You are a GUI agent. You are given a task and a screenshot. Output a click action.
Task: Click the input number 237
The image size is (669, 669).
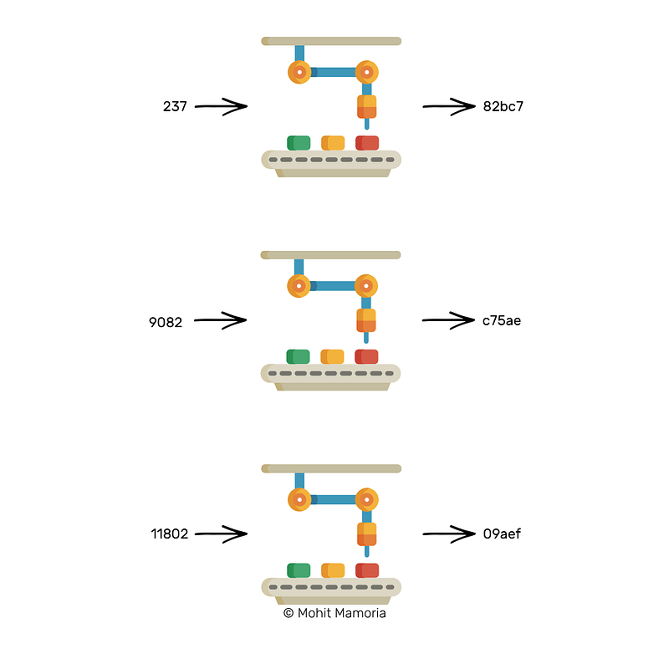point(175,106)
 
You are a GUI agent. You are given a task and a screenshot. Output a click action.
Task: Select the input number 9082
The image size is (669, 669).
point(166,322)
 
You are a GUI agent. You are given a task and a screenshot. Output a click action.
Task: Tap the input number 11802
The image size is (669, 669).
point(170,534)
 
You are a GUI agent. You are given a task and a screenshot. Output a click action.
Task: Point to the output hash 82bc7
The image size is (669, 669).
point(503,106)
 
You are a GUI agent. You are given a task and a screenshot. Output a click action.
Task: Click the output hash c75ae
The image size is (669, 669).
point(502,320)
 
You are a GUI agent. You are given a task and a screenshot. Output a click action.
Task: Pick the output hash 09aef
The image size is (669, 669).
point(503,534)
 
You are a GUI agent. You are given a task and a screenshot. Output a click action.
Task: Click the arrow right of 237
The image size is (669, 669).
point(221,107)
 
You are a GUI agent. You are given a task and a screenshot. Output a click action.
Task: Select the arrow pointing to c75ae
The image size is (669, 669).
point(448,320)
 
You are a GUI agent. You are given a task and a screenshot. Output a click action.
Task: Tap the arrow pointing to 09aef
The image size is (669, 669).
point(449,534)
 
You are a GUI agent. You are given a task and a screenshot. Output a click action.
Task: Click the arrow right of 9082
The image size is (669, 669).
point(220,320)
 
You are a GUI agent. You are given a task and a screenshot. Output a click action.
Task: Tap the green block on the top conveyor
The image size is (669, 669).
point(299,143)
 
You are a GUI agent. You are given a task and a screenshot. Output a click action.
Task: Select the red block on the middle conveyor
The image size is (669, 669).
point(366,357)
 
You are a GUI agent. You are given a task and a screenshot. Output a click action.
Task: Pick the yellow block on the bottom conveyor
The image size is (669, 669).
point(333,570)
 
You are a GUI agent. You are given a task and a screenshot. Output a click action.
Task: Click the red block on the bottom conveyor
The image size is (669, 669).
point(367,570)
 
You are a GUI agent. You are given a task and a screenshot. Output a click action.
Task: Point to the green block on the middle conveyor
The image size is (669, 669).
point(298,357)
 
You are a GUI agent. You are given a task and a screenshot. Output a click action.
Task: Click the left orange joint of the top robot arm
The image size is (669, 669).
point(299,72)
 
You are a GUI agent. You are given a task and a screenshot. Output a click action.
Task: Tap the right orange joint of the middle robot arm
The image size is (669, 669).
point(366,286)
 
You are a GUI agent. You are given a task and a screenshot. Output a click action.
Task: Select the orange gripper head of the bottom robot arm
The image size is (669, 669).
point(367,534)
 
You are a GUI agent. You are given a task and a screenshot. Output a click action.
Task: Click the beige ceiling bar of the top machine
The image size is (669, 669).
point(331,41)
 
